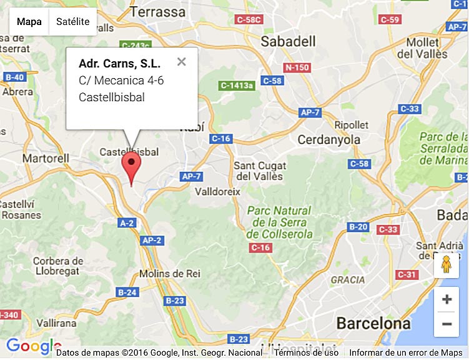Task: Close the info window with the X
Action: point(181,62)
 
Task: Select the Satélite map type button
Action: point(72,22)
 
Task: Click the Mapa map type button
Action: point(29,22)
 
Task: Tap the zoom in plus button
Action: point(447,299)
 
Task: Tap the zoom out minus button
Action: point(447,324)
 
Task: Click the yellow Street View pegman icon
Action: point(446,265)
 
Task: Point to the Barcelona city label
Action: point(373,323)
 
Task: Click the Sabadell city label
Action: point(288,41)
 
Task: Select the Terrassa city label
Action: point(159,12)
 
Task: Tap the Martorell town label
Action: point(46,158)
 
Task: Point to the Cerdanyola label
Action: point(329,139)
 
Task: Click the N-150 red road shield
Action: point(297,67)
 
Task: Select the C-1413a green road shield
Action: point(237,85)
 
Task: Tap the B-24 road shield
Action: point(127,292)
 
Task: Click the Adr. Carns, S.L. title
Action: point(119,63)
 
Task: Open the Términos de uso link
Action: point(306,353)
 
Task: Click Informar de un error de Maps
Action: point(405,353)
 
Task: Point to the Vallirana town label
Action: point(56,322)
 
